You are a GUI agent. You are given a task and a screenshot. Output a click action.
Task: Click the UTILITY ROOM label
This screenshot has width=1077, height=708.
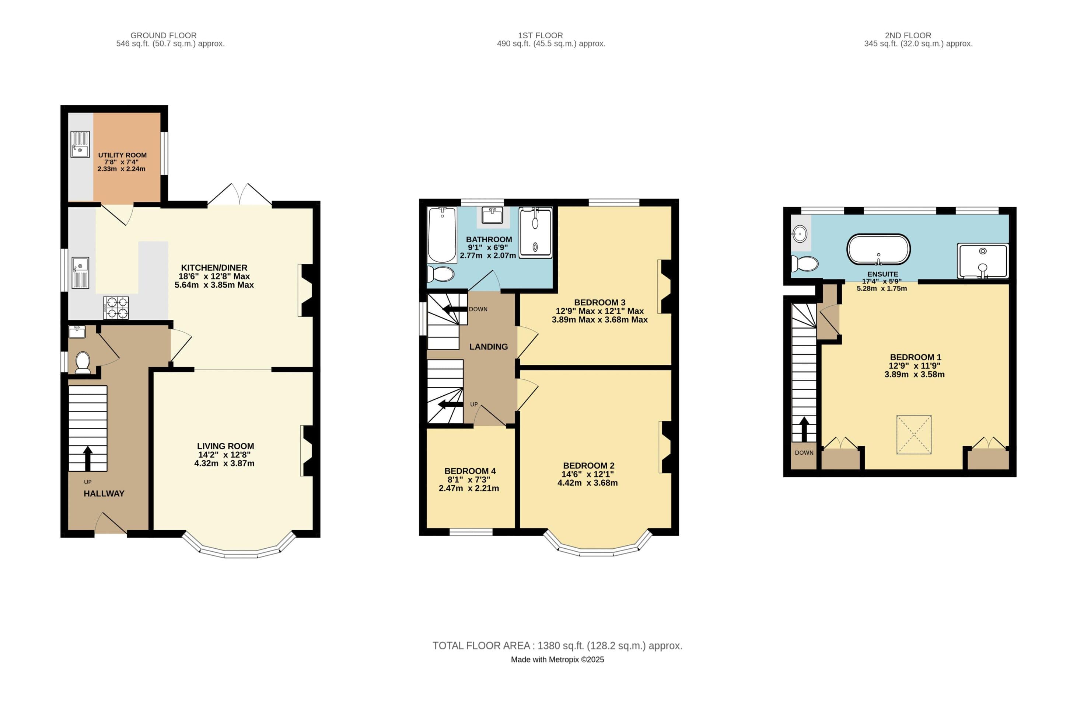(122, 155)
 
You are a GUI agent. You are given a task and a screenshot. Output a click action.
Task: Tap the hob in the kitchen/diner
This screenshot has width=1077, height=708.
(116, 308)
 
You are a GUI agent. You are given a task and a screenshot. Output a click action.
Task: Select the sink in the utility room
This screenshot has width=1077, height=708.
(80, 145)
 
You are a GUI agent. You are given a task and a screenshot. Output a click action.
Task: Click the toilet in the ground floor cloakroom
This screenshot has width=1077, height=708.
(83, 362)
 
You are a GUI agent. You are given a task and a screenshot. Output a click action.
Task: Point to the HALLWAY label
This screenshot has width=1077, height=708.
(104, 494)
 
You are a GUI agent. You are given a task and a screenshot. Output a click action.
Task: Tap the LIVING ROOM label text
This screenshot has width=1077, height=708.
(225, 446)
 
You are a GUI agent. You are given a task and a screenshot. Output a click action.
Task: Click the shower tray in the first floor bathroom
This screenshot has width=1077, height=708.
(535, 233)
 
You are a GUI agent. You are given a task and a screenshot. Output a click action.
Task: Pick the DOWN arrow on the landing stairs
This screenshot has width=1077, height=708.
(455, 309)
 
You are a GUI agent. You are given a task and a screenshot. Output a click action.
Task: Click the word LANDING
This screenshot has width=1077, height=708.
(488, 347)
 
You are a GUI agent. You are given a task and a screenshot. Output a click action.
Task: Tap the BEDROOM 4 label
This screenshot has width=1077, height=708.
(470, 471)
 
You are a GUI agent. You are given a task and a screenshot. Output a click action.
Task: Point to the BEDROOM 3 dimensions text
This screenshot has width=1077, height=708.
(599, 315)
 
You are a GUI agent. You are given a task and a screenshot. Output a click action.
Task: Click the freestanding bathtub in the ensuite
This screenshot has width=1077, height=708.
(878, 249)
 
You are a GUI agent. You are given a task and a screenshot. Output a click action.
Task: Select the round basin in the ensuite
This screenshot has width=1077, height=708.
(800, 234)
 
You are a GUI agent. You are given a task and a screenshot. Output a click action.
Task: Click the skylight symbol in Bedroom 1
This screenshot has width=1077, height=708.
(914, 434)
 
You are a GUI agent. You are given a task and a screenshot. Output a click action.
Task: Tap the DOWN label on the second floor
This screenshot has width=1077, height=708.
(804, 452)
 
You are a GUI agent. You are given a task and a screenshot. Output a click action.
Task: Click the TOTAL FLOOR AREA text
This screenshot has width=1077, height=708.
(557, 645)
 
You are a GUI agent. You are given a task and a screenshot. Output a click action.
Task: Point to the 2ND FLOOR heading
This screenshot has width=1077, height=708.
(908, 35)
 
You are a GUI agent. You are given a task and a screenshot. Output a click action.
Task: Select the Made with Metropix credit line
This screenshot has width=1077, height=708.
(557, 660)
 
